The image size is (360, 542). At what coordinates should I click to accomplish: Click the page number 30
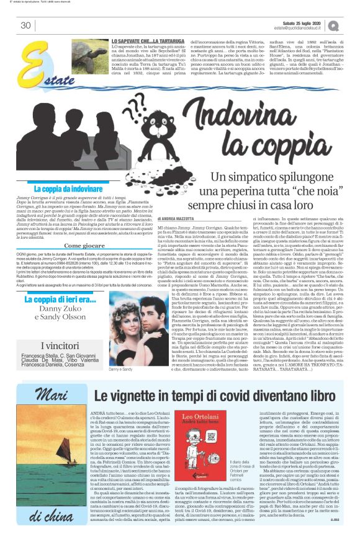coord(26,25)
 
